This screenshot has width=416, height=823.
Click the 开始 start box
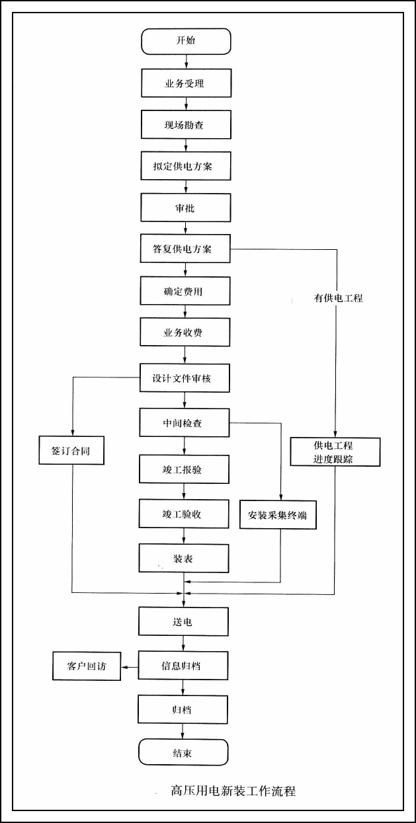(186, 41)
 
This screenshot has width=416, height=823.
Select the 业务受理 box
(186, 83)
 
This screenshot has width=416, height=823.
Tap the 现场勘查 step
(186, 124)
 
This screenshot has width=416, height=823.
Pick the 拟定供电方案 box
(186, 166)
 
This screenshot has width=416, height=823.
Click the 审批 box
(186, 208)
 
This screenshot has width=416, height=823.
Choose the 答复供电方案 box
(186, 249)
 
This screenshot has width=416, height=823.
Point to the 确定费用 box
(186, 290)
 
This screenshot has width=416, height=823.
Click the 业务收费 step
(186, 332)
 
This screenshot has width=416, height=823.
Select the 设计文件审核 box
(186, 379)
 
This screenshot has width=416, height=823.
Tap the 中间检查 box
(184, 422)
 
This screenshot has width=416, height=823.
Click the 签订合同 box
(73, 451)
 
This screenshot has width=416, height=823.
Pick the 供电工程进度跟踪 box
(336, 451)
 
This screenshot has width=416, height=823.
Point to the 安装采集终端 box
(278, 516)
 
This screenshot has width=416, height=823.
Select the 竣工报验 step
(184, 469)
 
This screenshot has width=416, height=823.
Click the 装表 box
(184, 559)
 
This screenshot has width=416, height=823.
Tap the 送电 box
(184, 622)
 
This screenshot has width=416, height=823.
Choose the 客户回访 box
(87, 666)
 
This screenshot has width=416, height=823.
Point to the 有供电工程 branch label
(338, 299)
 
